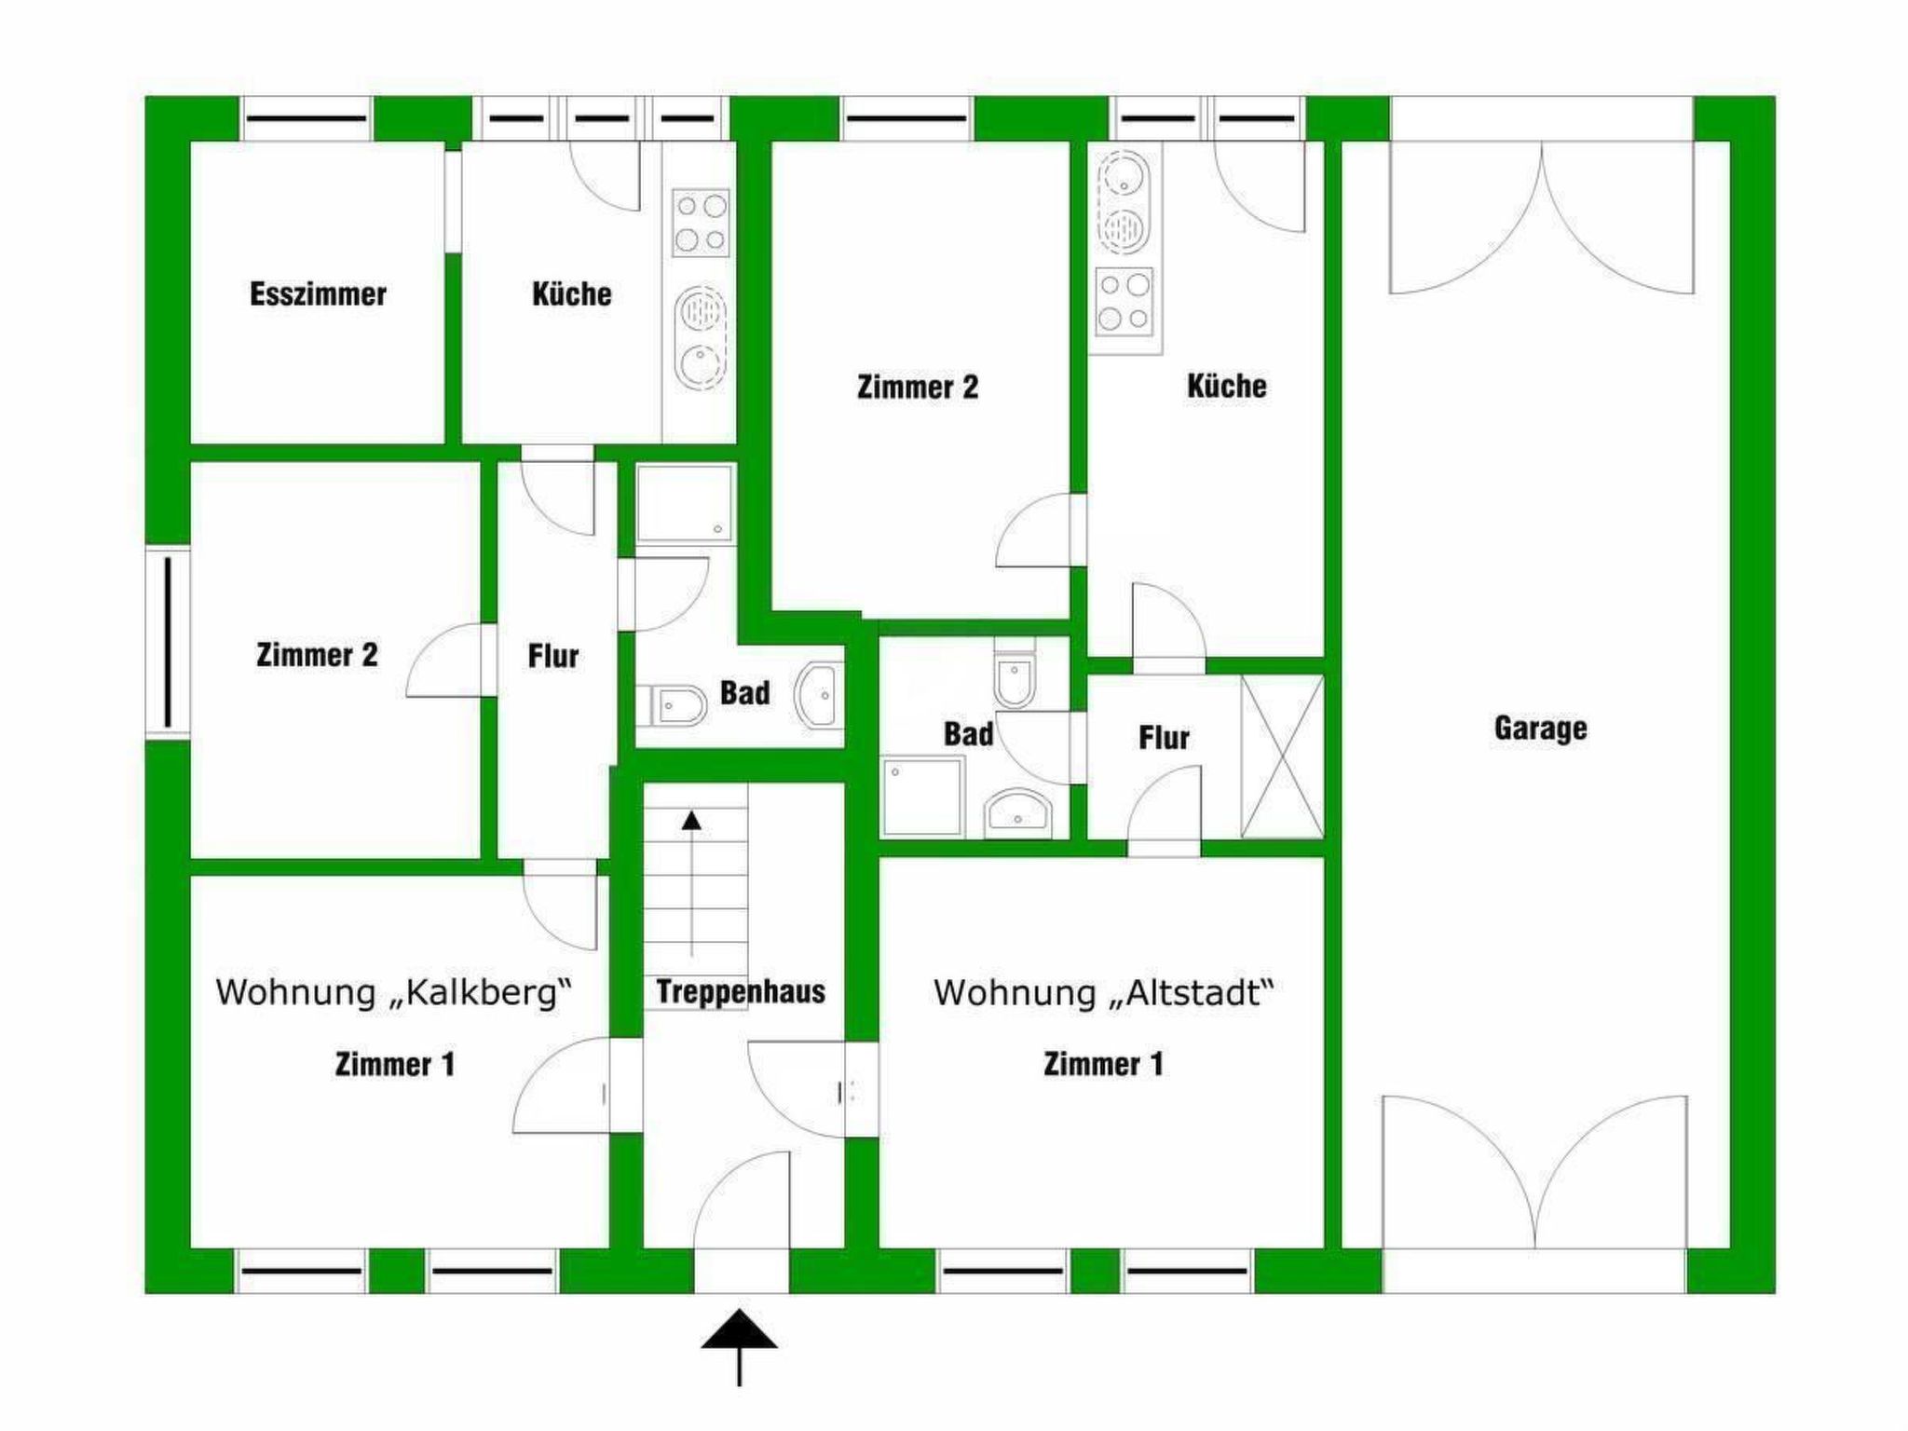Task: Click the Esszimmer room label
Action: pyautogui.click(x=318, y=294)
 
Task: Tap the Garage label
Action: pyautogui.click(x=1540, y=729)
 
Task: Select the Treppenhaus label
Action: pyautogui.click(x=741, y=991)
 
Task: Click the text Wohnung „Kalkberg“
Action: pyautogui.click(x=393, y=992)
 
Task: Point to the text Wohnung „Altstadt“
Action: pyautogui.click(x=1103, y=992)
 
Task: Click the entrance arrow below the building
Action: pyautogui.click(x=739, y=1347)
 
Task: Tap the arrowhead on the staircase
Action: pyautogui.click(x=691, y=820)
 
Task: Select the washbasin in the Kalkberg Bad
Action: pyautogui.click(x=818, y=694)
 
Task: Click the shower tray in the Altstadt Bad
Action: pyautogui.click(x=923, y=796)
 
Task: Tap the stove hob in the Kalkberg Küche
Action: pyautogui.click(x=701, y=224)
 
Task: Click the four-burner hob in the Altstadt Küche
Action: pyautogui.click(x=1124, y=301)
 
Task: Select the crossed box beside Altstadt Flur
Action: pyautogui.click(x=1282, y=756)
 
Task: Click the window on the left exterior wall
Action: pyautogui.click(x=168, y=643)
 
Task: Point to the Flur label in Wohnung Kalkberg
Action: pyautogui.click(x=553, y=656)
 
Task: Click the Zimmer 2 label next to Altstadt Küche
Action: pyautogui.click(x=918, y=388)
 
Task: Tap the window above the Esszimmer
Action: pyautogui.click(x=307, y=119)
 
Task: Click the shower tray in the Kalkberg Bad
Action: pyautogui.click(x=686, y=504)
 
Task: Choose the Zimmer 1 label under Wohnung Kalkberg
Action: pyautogui.click(x=395, y=1065)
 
